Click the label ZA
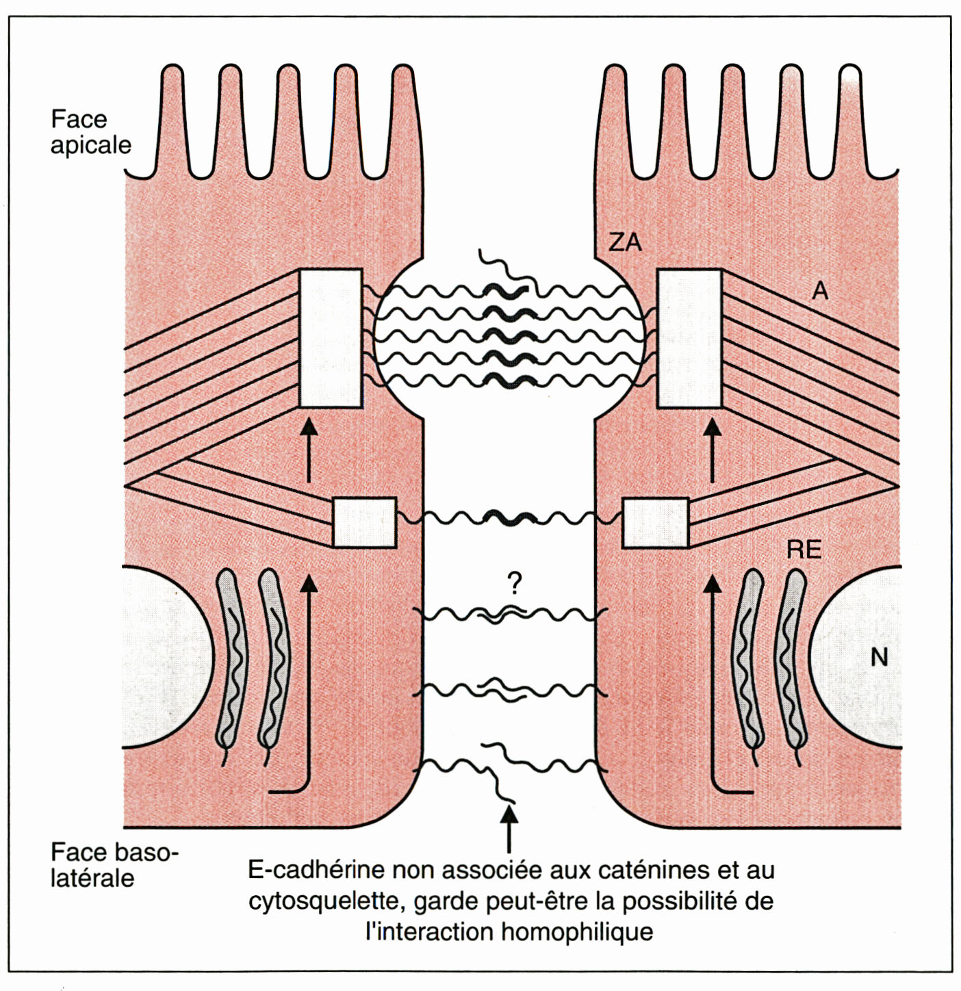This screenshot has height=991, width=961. coord(625,242)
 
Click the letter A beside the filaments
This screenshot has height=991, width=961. coord(819,292)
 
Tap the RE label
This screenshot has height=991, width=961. coord(804,550)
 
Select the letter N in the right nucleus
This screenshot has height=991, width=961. coord(879,658)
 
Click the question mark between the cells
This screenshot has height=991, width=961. coord(515,583)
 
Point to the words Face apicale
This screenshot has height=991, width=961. coord(90,132)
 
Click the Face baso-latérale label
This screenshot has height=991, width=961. coord(114,865)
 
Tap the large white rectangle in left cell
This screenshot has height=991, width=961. coord(331,338)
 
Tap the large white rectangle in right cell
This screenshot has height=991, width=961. coord(689,338)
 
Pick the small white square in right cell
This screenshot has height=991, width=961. coord(655,523)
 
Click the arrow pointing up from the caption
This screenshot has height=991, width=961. coord(509,828)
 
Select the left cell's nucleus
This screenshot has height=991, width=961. coord(164,657)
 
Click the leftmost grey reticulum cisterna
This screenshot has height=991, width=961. coord(231,660)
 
